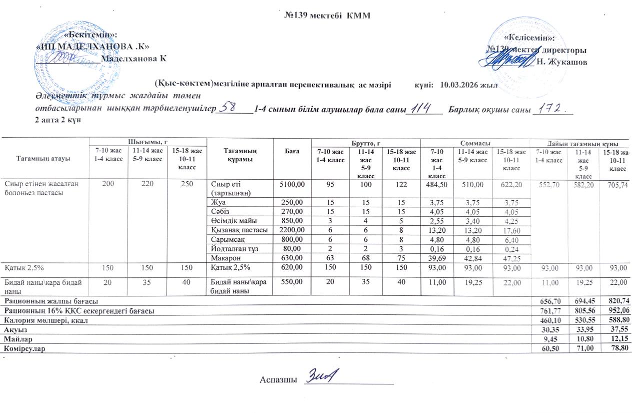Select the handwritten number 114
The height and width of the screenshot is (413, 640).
click(x=420, y=109)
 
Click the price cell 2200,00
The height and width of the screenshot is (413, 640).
click(x=291, y=230)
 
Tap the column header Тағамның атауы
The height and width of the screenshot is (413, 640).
click(x=45, y=158)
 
